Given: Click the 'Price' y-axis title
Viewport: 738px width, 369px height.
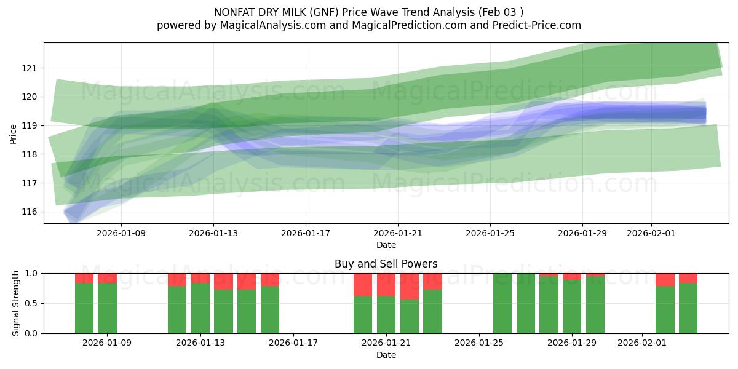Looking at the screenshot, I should [14, 133].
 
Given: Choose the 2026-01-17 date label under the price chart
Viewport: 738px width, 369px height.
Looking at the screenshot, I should [306, 233].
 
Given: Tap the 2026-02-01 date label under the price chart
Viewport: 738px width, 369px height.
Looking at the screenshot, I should [651, 233].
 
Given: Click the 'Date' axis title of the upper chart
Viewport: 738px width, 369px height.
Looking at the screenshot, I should [386, 245].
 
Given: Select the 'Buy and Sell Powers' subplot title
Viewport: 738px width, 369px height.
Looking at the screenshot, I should [386, 264].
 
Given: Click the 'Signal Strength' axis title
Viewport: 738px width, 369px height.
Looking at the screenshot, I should [16, 303].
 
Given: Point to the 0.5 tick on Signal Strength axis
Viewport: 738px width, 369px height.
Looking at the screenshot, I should [30, 303].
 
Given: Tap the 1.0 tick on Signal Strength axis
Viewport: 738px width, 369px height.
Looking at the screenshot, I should [30, 273].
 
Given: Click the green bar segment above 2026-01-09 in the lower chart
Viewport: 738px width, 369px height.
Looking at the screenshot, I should [107, 307].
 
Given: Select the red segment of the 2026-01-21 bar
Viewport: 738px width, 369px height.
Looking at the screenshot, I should [386, 285].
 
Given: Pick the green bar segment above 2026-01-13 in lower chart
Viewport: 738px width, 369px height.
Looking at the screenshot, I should [200, 307].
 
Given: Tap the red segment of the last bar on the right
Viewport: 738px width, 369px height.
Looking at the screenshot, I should [688, 278].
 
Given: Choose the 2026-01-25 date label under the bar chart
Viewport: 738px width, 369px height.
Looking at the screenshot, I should [479, 343].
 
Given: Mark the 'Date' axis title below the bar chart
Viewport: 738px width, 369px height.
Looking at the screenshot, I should [386, 355].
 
